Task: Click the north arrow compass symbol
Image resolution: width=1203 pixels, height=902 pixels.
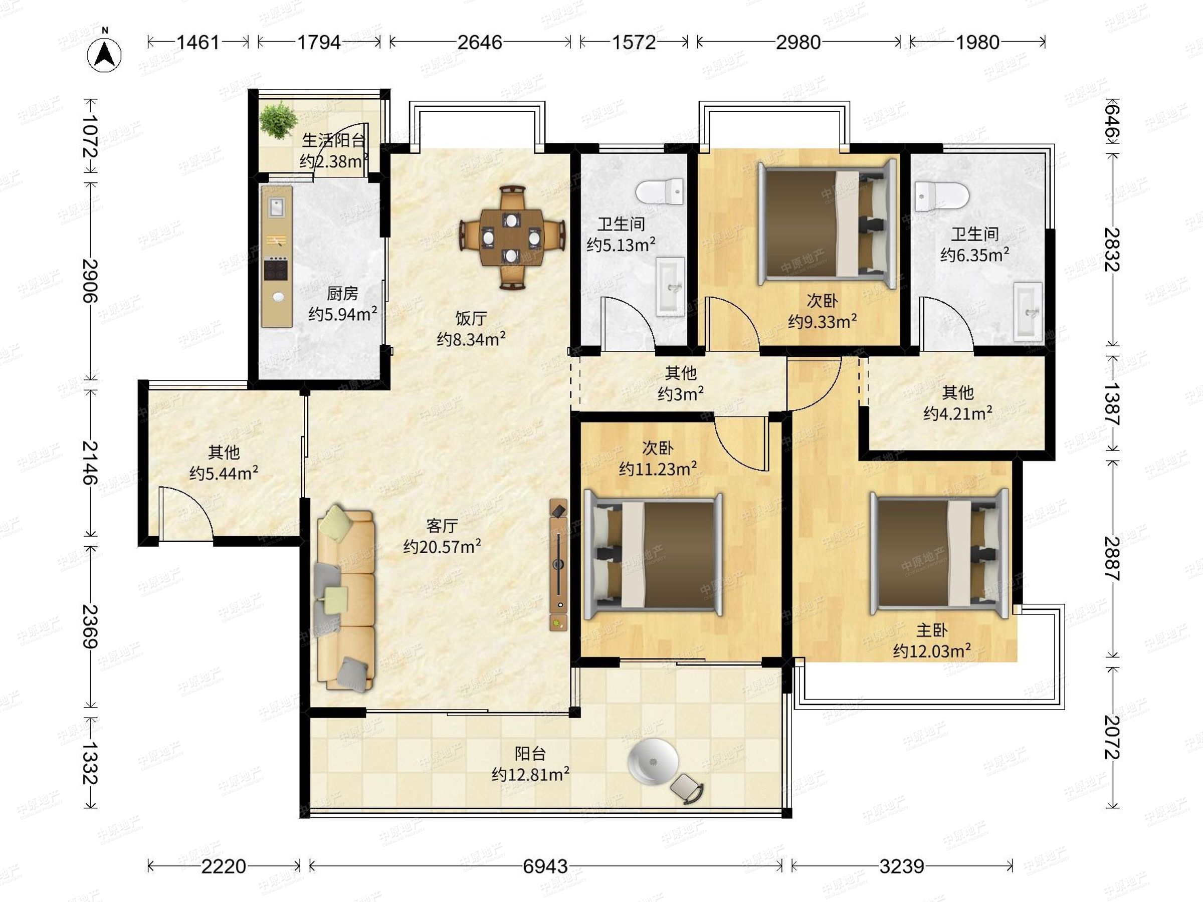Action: pos(104,53)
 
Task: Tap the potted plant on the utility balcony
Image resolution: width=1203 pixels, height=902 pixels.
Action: pos(279,120)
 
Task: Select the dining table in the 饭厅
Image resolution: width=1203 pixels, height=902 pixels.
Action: pos(511,238)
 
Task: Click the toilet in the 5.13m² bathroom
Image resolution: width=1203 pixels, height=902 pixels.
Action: pos(660,192)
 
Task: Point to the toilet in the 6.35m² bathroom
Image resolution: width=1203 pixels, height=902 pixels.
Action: pos(942,196)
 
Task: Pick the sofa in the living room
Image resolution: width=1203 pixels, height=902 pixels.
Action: pos(346,598)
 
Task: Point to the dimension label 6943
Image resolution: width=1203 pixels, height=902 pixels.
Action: pos(545,866)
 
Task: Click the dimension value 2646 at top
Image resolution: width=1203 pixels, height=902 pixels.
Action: pos(480,43)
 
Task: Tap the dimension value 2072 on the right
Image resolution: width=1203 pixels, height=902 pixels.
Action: pos(1111,737)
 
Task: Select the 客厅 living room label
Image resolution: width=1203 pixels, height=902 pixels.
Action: pos(442,526)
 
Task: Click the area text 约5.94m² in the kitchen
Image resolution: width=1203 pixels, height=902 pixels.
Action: pos(343,314)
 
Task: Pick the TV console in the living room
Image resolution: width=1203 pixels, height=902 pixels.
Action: pos(558,565)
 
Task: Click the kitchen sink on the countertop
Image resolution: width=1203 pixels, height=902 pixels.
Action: pos(277,207)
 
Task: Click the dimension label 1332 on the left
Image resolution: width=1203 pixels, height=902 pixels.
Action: pos(90,763)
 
